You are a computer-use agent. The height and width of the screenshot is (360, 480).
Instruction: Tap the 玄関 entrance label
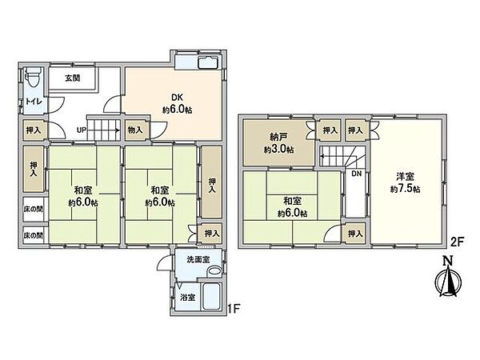pos(73,78)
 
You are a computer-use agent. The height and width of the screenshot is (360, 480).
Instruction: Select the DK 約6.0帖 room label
pos(177,104)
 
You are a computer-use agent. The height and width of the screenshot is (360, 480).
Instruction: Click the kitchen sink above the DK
pos(208,62)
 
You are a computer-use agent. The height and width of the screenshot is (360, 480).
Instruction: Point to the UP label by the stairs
pos(81,130)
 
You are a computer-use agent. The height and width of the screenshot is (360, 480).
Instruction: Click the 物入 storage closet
pos(135,130)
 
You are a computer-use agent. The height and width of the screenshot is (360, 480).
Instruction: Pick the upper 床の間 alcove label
pos(34,210)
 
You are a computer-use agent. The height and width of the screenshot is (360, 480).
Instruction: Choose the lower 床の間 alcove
pos(34,235)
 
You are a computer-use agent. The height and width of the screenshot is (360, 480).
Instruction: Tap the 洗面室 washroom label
pos(198,259)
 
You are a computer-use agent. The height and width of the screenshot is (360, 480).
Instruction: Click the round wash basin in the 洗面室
pos(214,271)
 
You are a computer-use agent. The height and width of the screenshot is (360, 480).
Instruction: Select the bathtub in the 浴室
pos(212,296)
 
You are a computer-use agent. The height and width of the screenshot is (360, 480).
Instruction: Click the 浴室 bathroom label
pos(188,297)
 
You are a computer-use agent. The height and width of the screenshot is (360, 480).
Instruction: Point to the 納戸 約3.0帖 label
pos(278,143)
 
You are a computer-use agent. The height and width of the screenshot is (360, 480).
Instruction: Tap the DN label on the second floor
pos(356,174)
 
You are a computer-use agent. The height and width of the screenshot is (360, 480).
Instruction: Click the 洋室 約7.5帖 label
pos(405,182)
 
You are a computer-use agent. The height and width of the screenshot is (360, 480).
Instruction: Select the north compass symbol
pos(449,278)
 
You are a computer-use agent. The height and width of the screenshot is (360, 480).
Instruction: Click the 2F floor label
pos(458,242)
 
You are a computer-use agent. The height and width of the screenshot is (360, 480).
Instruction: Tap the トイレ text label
pos(34,102)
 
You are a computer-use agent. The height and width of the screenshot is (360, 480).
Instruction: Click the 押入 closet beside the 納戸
pos(330,130)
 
